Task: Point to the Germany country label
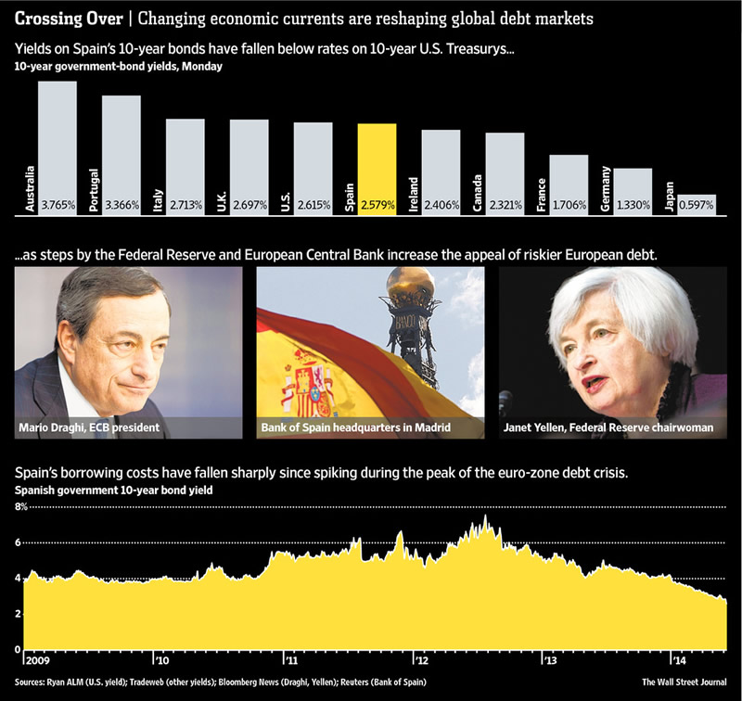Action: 606,190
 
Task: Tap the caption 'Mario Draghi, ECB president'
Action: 89,427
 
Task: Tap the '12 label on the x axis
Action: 423,662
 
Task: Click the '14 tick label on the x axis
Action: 679,662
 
